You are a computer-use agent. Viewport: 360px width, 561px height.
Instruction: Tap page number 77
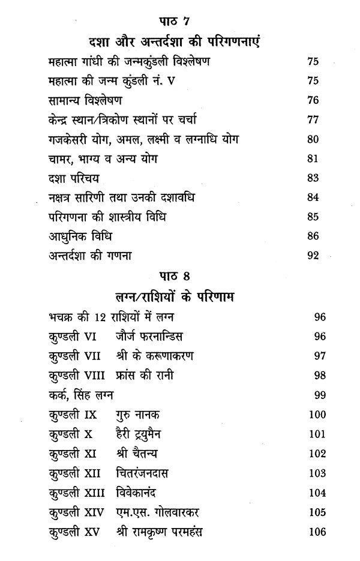313,119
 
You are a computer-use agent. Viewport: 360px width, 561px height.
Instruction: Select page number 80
313,139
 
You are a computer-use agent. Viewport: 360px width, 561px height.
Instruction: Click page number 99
320,395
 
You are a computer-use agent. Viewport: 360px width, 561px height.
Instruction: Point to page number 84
313,198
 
